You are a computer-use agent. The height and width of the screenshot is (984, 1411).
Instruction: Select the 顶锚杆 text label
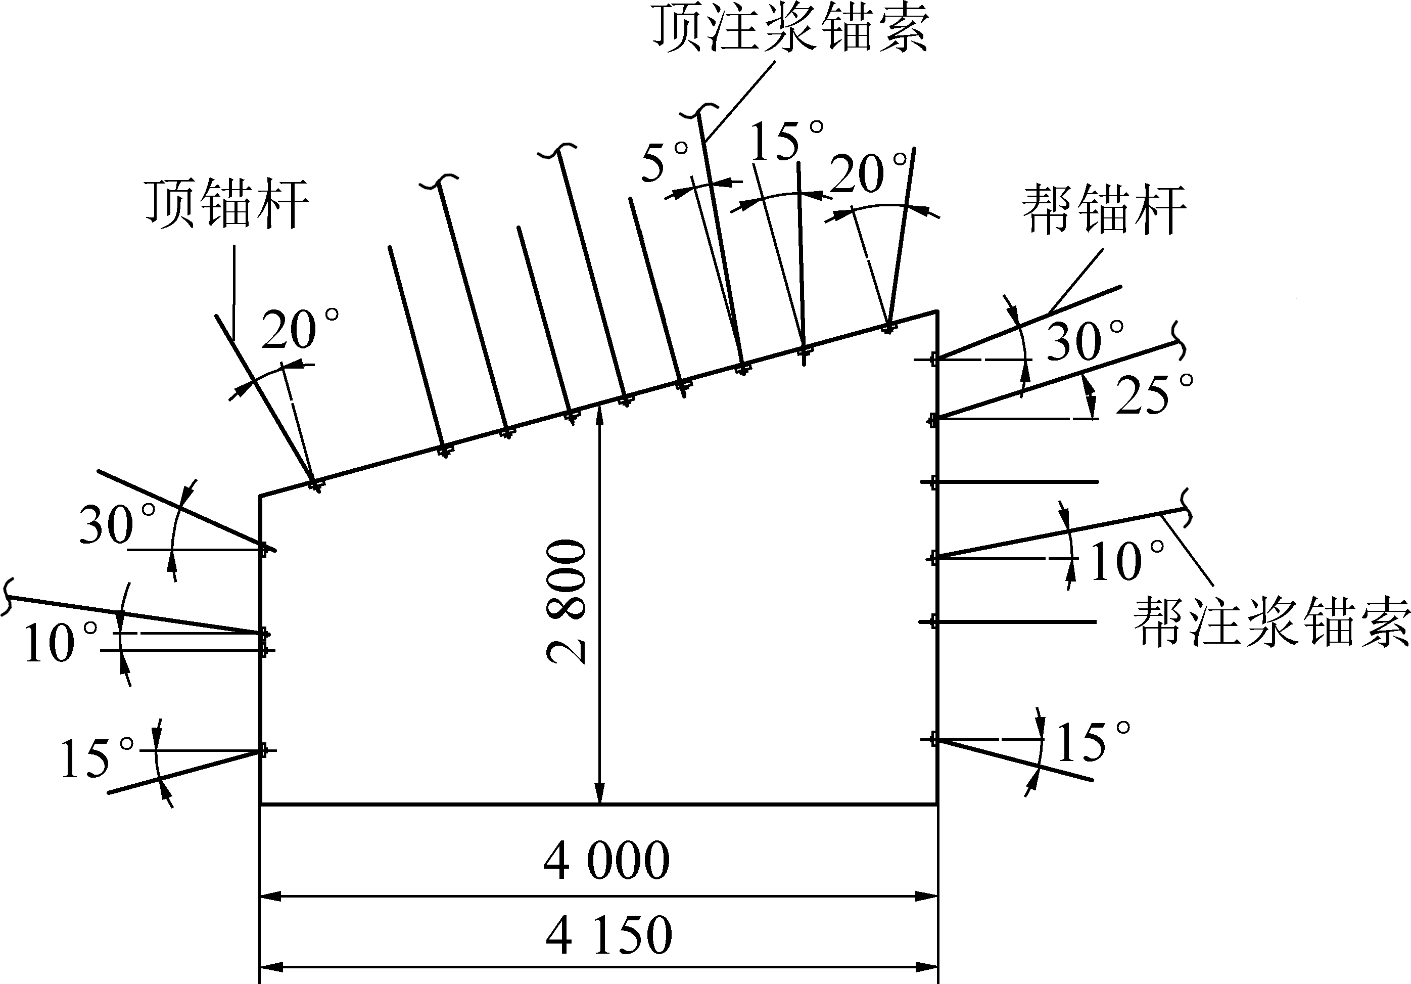tap(226, 204)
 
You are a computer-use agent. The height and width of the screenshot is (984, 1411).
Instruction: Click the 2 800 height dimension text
tap(567, 601)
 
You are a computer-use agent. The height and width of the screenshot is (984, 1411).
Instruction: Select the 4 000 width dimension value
tap(606, 861)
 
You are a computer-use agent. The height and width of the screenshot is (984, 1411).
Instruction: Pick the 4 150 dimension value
tap(609, 935)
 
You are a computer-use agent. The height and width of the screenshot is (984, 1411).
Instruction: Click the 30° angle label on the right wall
tap(1086, 341)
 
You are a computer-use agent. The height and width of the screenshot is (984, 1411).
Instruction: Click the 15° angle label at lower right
tap(1093, 742)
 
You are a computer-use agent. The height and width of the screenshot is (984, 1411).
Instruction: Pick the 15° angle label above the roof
tap(787, 140)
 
